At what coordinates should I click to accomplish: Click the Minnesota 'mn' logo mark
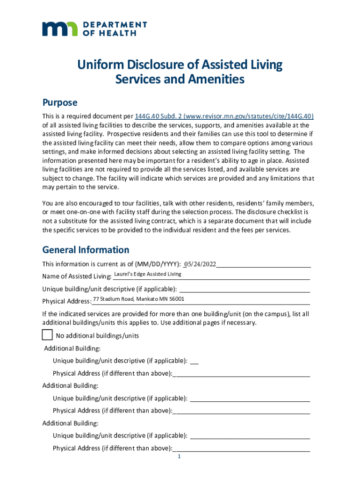[60, 29]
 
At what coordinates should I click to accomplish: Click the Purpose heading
[60, 102]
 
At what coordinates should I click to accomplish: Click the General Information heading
[86, 250]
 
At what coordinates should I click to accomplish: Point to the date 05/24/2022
[201, 264]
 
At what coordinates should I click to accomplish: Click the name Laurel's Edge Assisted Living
[148, 274]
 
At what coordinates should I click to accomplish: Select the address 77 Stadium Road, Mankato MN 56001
[138, 299]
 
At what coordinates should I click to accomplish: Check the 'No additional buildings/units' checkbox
[47, 335]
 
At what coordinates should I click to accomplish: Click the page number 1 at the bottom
[179, 457]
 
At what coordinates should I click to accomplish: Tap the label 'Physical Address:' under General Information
[66, 301]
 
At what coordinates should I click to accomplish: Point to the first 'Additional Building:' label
[72, 348]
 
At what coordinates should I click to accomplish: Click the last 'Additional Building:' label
[70, 423]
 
